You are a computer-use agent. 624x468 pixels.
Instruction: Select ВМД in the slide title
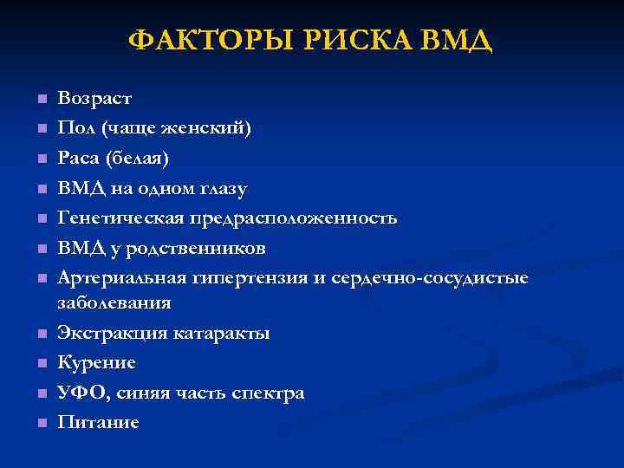point(454,40)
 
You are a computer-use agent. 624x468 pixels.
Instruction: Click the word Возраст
point(94,99)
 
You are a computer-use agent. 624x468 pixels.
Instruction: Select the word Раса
point(79,159)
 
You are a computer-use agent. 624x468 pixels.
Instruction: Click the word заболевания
point(114,303)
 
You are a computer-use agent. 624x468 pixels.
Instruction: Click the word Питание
point(97,422)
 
